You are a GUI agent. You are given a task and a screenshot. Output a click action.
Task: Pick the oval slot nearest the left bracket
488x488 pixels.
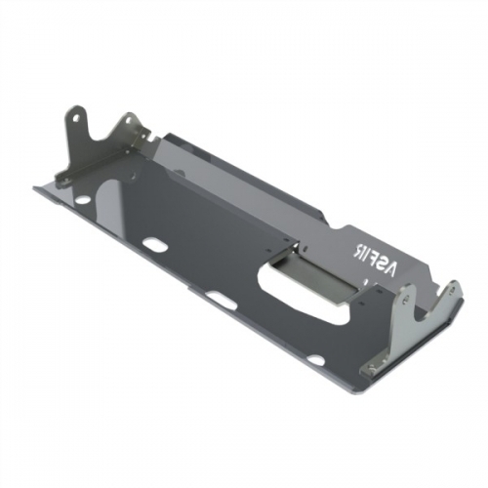point(151,243)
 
